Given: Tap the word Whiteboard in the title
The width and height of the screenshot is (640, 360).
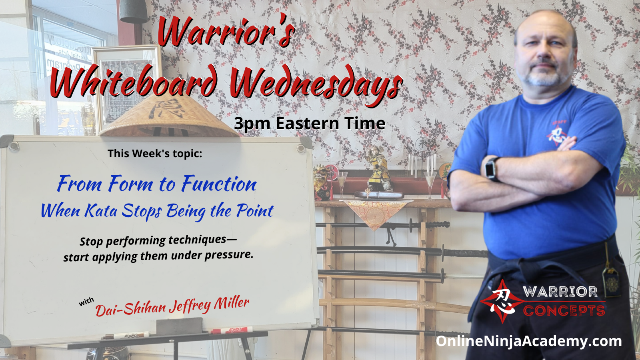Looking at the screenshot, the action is click(x=134, y=80).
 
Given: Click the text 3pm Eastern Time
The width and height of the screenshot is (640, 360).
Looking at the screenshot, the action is click(x=310, y=124).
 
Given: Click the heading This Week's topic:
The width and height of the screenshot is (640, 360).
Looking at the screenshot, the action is click(x=155, y=154).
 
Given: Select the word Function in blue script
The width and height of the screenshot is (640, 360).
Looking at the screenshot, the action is click(x=219, y=184).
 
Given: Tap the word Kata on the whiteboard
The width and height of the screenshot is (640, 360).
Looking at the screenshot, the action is click(x=101, y=212).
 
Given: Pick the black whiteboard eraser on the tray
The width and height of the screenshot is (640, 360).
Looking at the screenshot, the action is click(x=179, y=326).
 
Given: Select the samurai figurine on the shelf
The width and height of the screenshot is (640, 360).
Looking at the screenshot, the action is click(x=378, y=168).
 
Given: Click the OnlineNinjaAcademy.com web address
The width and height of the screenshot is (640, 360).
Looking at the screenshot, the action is click(x=528, y=342).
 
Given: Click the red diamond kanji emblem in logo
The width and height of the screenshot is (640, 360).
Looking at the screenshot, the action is click(x=502, y=302).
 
